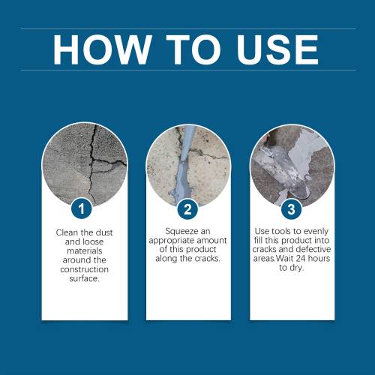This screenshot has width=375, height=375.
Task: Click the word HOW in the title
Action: coord(102,49)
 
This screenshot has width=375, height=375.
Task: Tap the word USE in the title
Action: coord(277,49)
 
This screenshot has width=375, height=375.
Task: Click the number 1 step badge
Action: coord(81,208)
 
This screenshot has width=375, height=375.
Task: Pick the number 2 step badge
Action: coord(187,209)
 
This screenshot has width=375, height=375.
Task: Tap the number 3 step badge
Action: coord(291,209)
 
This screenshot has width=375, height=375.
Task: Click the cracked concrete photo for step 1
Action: coord(85,163)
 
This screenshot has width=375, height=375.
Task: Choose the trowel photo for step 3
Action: coord(292,166)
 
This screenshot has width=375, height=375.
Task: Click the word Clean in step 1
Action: coord(66,232)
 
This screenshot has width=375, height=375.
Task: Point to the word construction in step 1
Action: coord(85,269)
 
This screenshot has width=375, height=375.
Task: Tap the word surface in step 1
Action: coord(84,278)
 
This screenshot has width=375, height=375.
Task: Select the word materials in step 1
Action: coord(85,250)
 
